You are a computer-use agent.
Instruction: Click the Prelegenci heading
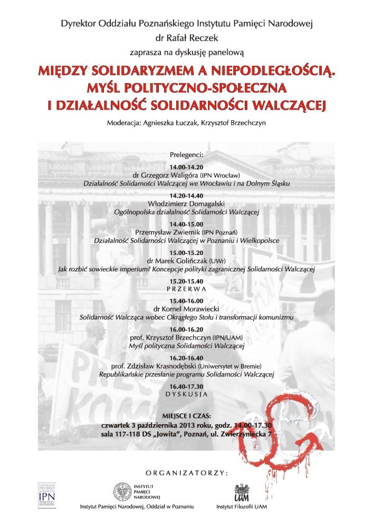186,154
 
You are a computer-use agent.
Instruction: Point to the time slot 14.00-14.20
187,167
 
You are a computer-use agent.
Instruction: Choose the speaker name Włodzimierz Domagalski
187,203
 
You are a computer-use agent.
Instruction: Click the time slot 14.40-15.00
187,224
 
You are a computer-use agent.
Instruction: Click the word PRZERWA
186,290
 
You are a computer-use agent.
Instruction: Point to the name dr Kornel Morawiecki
187,309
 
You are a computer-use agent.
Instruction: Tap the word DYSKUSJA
187,394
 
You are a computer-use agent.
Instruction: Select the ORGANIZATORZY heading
187,471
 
